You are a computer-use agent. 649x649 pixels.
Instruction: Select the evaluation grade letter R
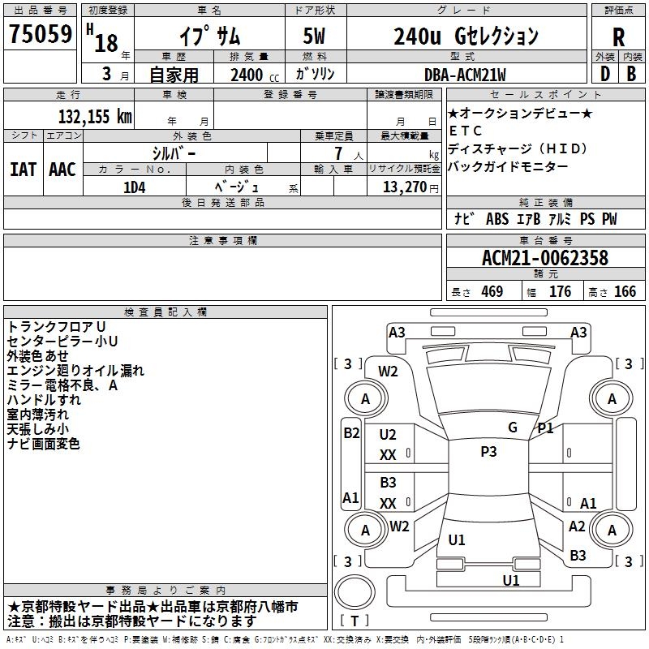pos(618,37)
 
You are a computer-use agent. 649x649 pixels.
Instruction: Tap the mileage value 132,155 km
pos(95,116)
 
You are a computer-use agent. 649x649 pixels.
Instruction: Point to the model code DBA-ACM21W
pos(465,75)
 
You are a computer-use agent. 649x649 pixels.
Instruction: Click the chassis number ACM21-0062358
pos(544,258)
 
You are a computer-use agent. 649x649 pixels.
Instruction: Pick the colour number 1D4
pos(134,186)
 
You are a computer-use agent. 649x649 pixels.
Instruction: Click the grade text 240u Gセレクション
pos(465,37)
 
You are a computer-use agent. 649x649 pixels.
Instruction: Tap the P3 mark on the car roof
pos(488,452)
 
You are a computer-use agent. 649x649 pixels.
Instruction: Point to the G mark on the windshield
pos(513,428)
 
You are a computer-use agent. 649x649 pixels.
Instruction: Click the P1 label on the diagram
pos(545,428)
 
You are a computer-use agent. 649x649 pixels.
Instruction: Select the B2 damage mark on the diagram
pos(350,432)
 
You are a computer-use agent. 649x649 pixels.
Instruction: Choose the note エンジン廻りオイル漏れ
pos(75,371)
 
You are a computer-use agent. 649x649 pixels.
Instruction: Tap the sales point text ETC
pos(466,131)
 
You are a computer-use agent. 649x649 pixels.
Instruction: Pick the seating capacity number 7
pos(337,153)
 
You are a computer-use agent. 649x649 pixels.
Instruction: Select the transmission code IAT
pos(22,169)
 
